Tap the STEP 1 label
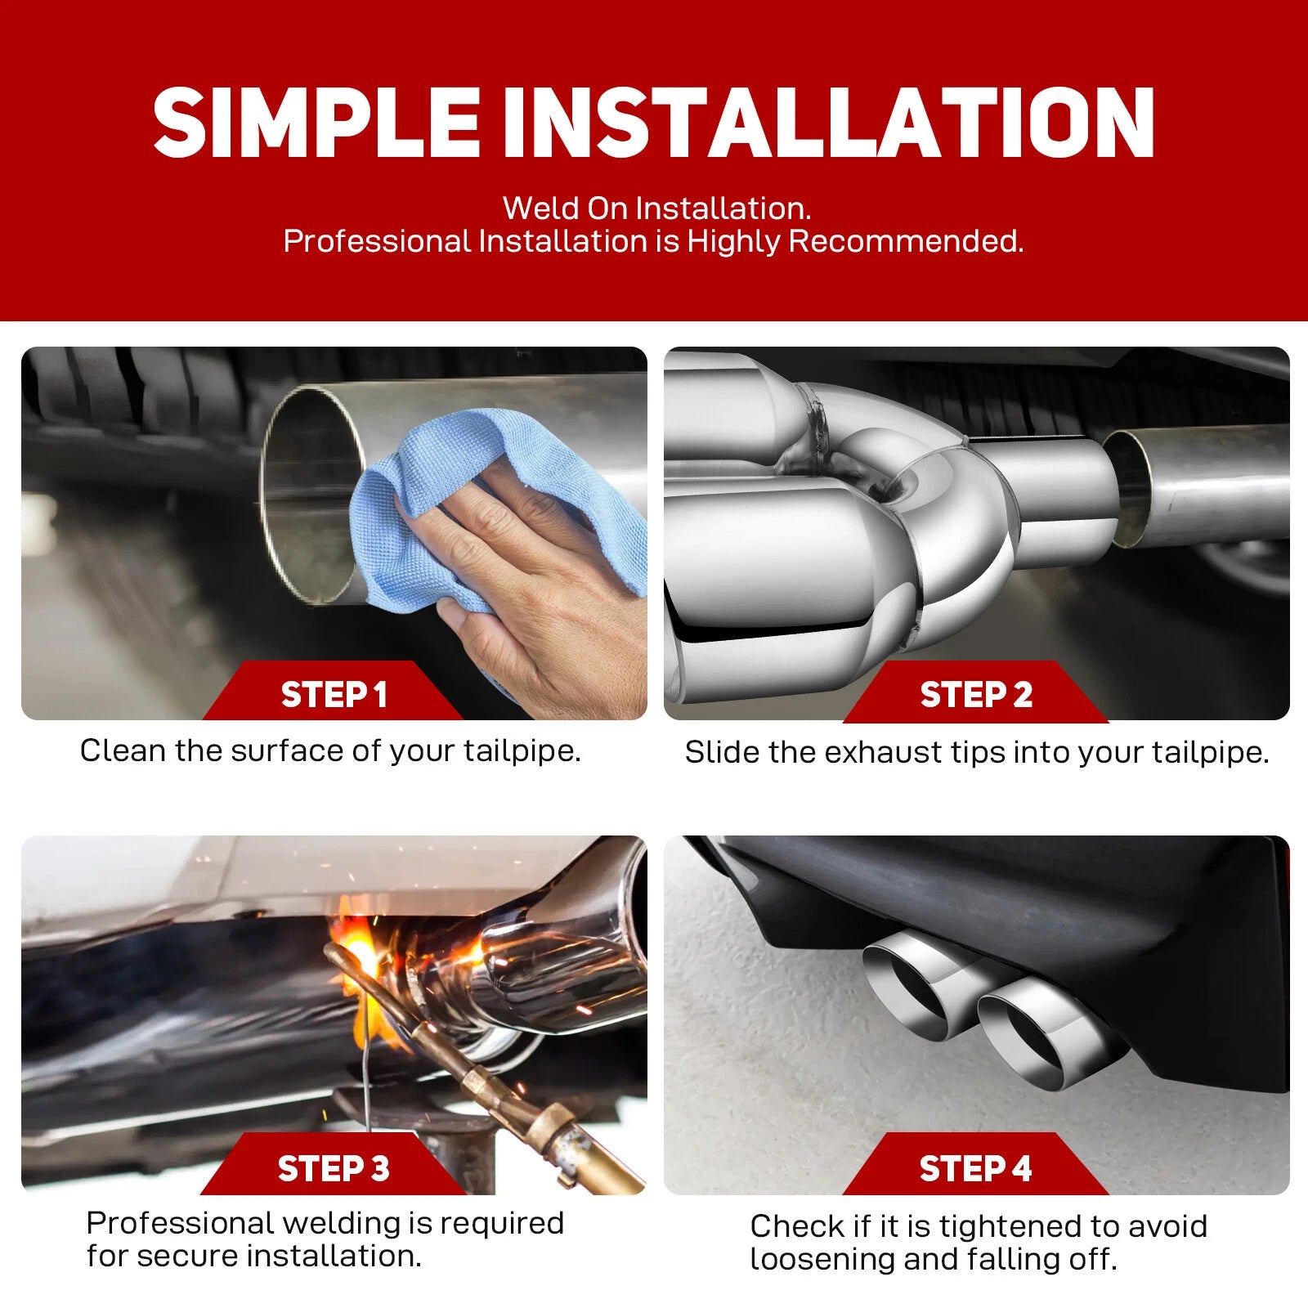334,695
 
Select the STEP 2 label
976,695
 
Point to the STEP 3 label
334,1168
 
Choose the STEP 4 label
976,1168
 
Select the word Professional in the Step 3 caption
179,1224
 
